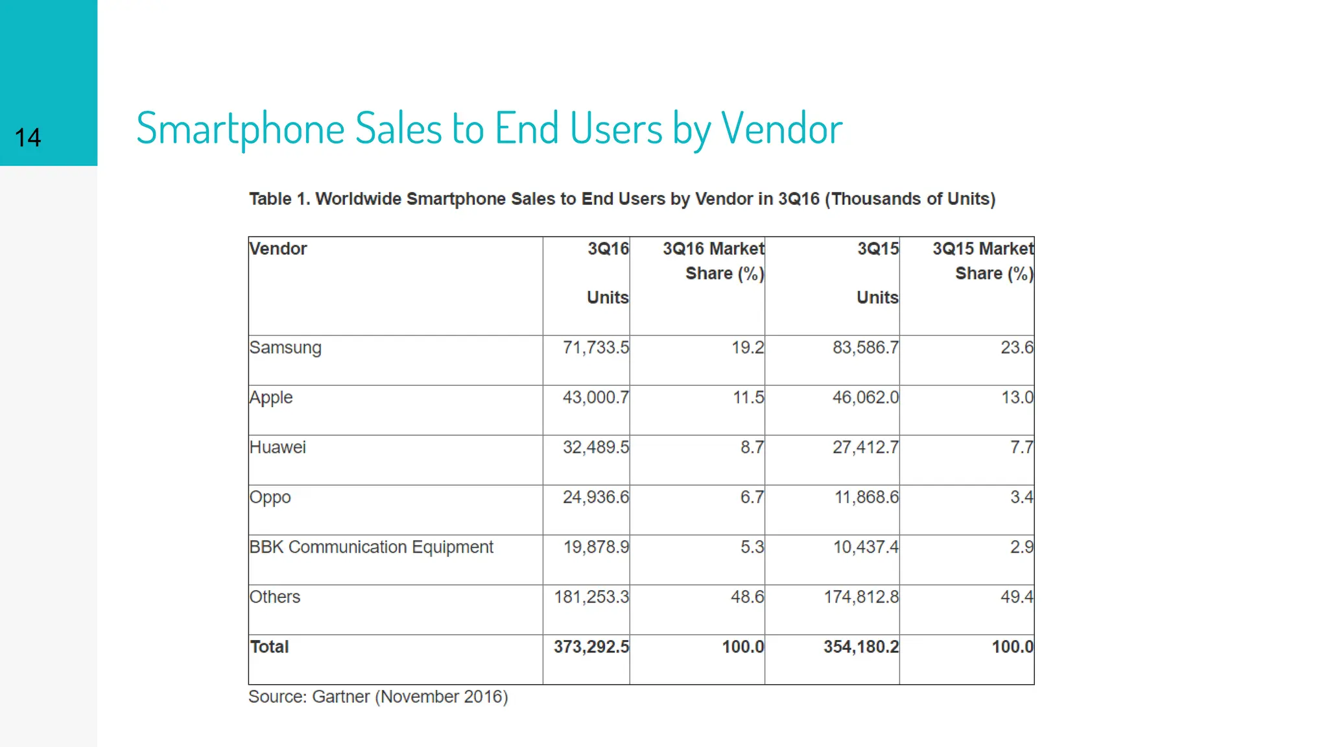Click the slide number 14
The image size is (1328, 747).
pos(28,137)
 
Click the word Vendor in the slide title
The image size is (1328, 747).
pos(781,128)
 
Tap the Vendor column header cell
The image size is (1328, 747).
pos(278,249)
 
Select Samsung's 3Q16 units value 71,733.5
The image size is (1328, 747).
pos(595,348)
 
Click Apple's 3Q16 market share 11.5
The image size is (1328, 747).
pos(748,397)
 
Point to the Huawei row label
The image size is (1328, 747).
pos(278,447)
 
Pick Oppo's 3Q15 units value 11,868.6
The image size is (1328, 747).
pos(866,497)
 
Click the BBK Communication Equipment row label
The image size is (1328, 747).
pos(371,547)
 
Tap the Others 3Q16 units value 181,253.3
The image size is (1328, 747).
pos(591,597)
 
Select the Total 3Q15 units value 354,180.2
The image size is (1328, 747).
pos(860,647)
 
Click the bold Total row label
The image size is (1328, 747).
pos(269,647)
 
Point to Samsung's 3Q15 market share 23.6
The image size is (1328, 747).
pos(1016,348)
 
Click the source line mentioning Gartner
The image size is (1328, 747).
pos(378,697)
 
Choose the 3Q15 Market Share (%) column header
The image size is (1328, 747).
pos(982,261)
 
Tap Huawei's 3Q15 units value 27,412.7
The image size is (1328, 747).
pos(865,447)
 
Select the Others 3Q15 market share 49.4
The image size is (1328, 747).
pos(1016,597)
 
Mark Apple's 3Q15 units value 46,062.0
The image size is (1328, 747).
pos(865,397)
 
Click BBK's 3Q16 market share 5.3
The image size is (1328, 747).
pos(752,547)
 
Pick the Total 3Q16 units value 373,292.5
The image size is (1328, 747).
pos(591,647)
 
